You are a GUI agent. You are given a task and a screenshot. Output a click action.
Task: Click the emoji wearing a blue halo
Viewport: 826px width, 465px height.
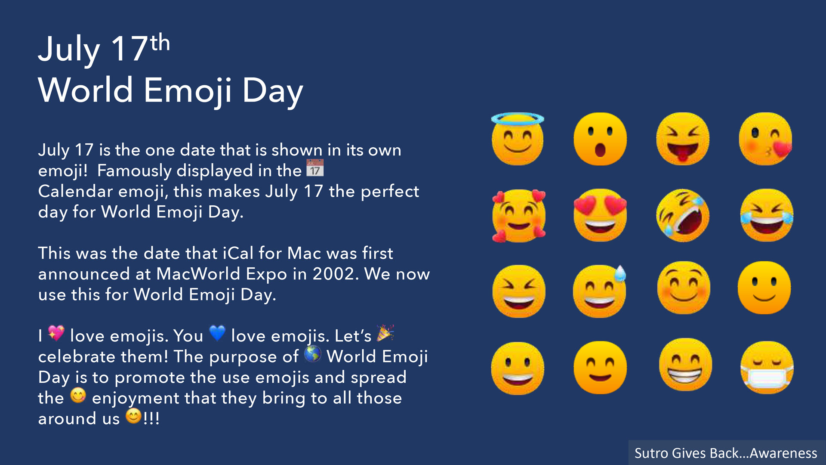click(x=518, y=139)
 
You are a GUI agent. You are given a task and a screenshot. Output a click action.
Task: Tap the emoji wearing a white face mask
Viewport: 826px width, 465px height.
click(x=767, y=367)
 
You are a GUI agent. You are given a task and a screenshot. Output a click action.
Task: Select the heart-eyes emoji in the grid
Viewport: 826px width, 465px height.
click(x=600, y=215)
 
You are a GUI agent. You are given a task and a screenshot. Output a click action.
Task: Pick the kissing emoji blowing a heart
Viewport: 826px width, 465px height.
click(x=765, y=139)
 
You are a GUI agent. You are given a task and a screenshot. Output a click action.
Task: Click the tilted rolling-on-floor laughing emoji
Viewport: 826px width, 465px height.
click(x=683, y=215)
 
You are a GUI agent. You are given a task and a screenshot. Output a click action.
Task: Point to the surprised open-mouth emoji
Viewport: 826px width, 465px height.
click(x=600, y=139)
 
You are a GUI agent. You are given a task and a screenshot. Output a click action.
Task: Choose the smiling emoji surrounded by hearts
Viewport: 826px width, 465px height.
click(x=519, y=215)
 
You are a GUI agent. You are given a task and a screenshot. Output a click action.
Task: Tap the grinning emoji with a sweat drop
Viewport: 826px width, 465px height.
click(x=600, y=291)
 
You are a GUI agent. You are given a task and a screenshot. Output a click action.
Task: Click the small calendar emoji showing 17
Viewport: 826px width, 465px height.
click(x=315, y=168)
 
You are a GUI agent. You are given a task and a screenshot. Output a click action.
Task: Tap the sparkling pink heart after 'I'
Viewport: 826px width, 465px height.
click(x=56, y=333)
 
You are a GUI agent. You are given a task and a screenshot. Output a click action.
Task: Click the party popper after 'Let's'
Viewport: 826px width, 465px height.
click(x=385, y=333)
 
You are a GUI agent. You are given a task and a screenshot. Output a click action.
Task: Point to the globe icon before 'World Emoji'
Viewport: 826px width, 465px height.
click(x=313, y=354)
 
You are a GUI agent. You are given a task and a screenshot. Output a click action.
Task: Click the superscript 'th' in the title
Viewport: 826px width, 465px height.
click(x=160, y=43)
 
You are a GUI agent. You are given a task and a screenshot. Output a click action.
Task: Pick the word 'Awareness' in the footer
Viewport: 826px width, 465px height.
click(x=783, y=453)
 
